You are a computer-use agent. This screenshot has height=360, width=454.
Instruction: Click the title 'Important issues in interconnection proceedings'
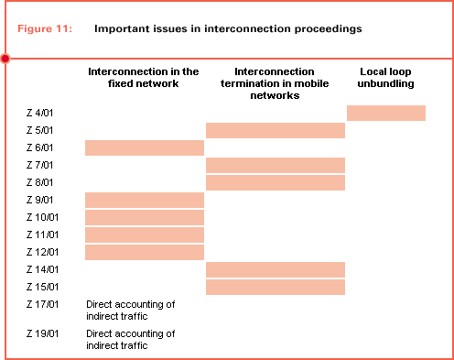[x=228, y=28]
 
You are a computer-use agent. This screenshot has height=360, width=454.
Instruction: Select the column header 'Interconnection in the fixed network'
[x=144, y=77]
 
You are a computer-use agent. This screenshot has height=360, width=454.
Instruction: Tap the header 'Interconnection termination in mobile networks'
[x=275, y=82]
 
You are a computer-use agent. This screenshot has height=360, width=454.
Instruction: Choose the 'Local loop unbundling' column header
[x=386, y=77]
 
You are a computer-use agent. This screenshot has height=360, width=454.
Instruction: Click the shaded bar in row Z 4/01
[x=386, y=113]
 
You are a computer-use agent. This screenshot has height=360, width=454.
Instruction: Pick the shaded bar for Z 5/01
[x=275, y=130]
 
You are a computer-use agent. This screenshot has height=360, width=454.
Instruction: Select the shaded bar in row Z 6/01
[x=144, y=147]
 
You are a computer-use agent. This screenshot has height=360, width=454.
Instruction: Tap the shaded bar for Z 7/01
[x=275, y=165]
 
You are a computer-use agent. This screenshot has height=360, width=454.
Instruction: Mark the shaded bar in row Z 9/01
[x=144, y=200]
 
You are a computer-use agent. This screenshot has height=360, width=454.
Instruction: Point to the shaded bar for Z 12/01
[x=144, y=252]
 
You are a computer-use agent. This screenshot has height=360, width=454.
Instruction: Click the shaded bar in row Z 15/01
[x=275, y=287]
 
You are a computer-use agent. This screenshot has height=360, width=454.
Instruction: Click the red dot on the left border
[x=5, y=59]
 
